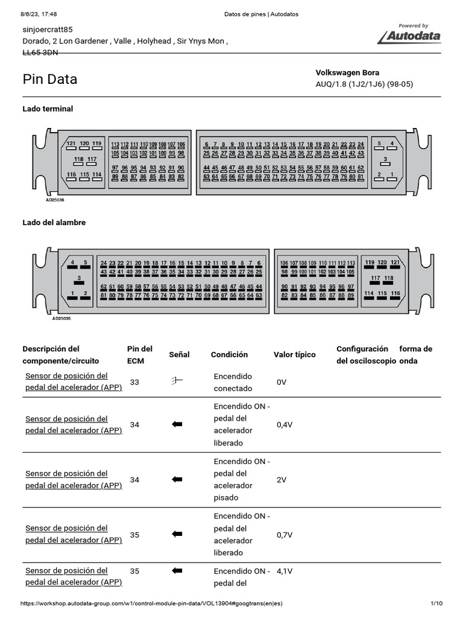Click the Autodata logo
[410, 36]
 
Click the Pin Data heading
[50, 79]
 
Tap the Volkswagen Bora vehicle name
[347, 72]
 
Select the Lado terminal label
[48, 109]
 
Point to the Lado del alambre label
[54, 222]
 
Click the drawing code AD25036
[55, 199]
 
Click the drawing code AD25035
[61, 318]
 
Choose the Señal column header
[179, 355]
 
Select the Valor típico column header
[294, 355]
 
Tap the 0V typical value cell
[282, 383]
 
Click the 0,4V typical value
[285, 425]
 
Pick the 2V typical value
[282, 480]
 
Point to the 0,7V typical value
[285, 535]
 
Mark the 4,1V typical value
[285, 570]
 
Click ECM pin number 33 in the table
[134, 382]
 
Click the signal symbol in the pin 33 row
[177, 381]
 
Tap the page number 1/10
[436, 604]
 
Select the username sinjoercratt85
[48, 29]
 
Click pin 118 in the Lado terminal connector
[79, 159]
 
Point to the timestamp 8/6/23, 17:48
[34, 14]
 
